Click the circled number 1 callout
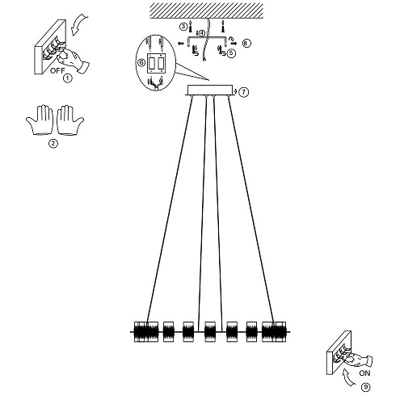click(x=68, y=78)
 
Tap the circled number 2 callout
click(x=53, y=144)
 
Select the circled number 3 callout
click(x=183, y=27)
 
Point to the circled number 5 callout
click(x=231, y=53)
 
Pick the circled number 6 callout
click(x=141, y=63)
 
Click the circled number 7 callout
click(x=244, y=92)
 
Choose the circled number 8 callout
click(x=246, y=43)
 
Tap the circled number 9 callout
click(x=365, y=387)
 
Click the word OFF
click(x=57, y=71)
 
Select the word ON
click(x=364, y=373)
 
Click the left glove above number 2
click(x=40, y=120)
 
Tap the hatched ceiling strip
click(x=206, y=11)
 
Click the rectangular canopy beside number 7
click(x=210, y=90)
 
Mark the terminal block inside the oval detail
click(x=156, y=63)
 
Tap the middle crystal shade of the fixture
click(x=210, y=331)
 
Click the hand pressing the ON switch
click(x=357, y=360)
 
